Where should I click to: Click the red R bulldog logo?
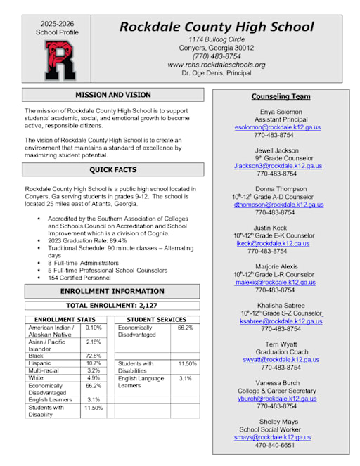(x=60, y=60)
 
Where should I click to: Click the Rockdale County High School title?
(x=216, y=27)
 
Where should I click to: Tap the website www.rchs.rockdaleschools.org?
(x=216, y=65)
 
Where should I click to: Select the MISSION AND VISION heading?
(x=112, y=94)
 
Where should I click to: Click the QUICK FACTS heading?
(x=112, y=169)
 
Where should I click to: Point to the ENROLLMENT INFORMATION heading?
(x=112, y=291)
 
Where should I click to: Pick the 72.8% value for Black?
(x=93, y=356)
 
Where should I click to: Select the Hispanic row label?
(x=41, y=363)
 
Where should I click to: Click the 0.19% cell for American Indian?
(x=93, y=328)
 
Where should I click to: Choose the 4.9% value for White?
(x=93, y=377)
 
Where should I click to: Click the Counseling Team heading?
(x=281, y=96)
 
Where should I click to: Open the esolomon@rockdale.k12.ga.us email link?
(x=277, y=127)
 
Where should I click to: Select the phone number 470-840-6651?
(x=274, y=445)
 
